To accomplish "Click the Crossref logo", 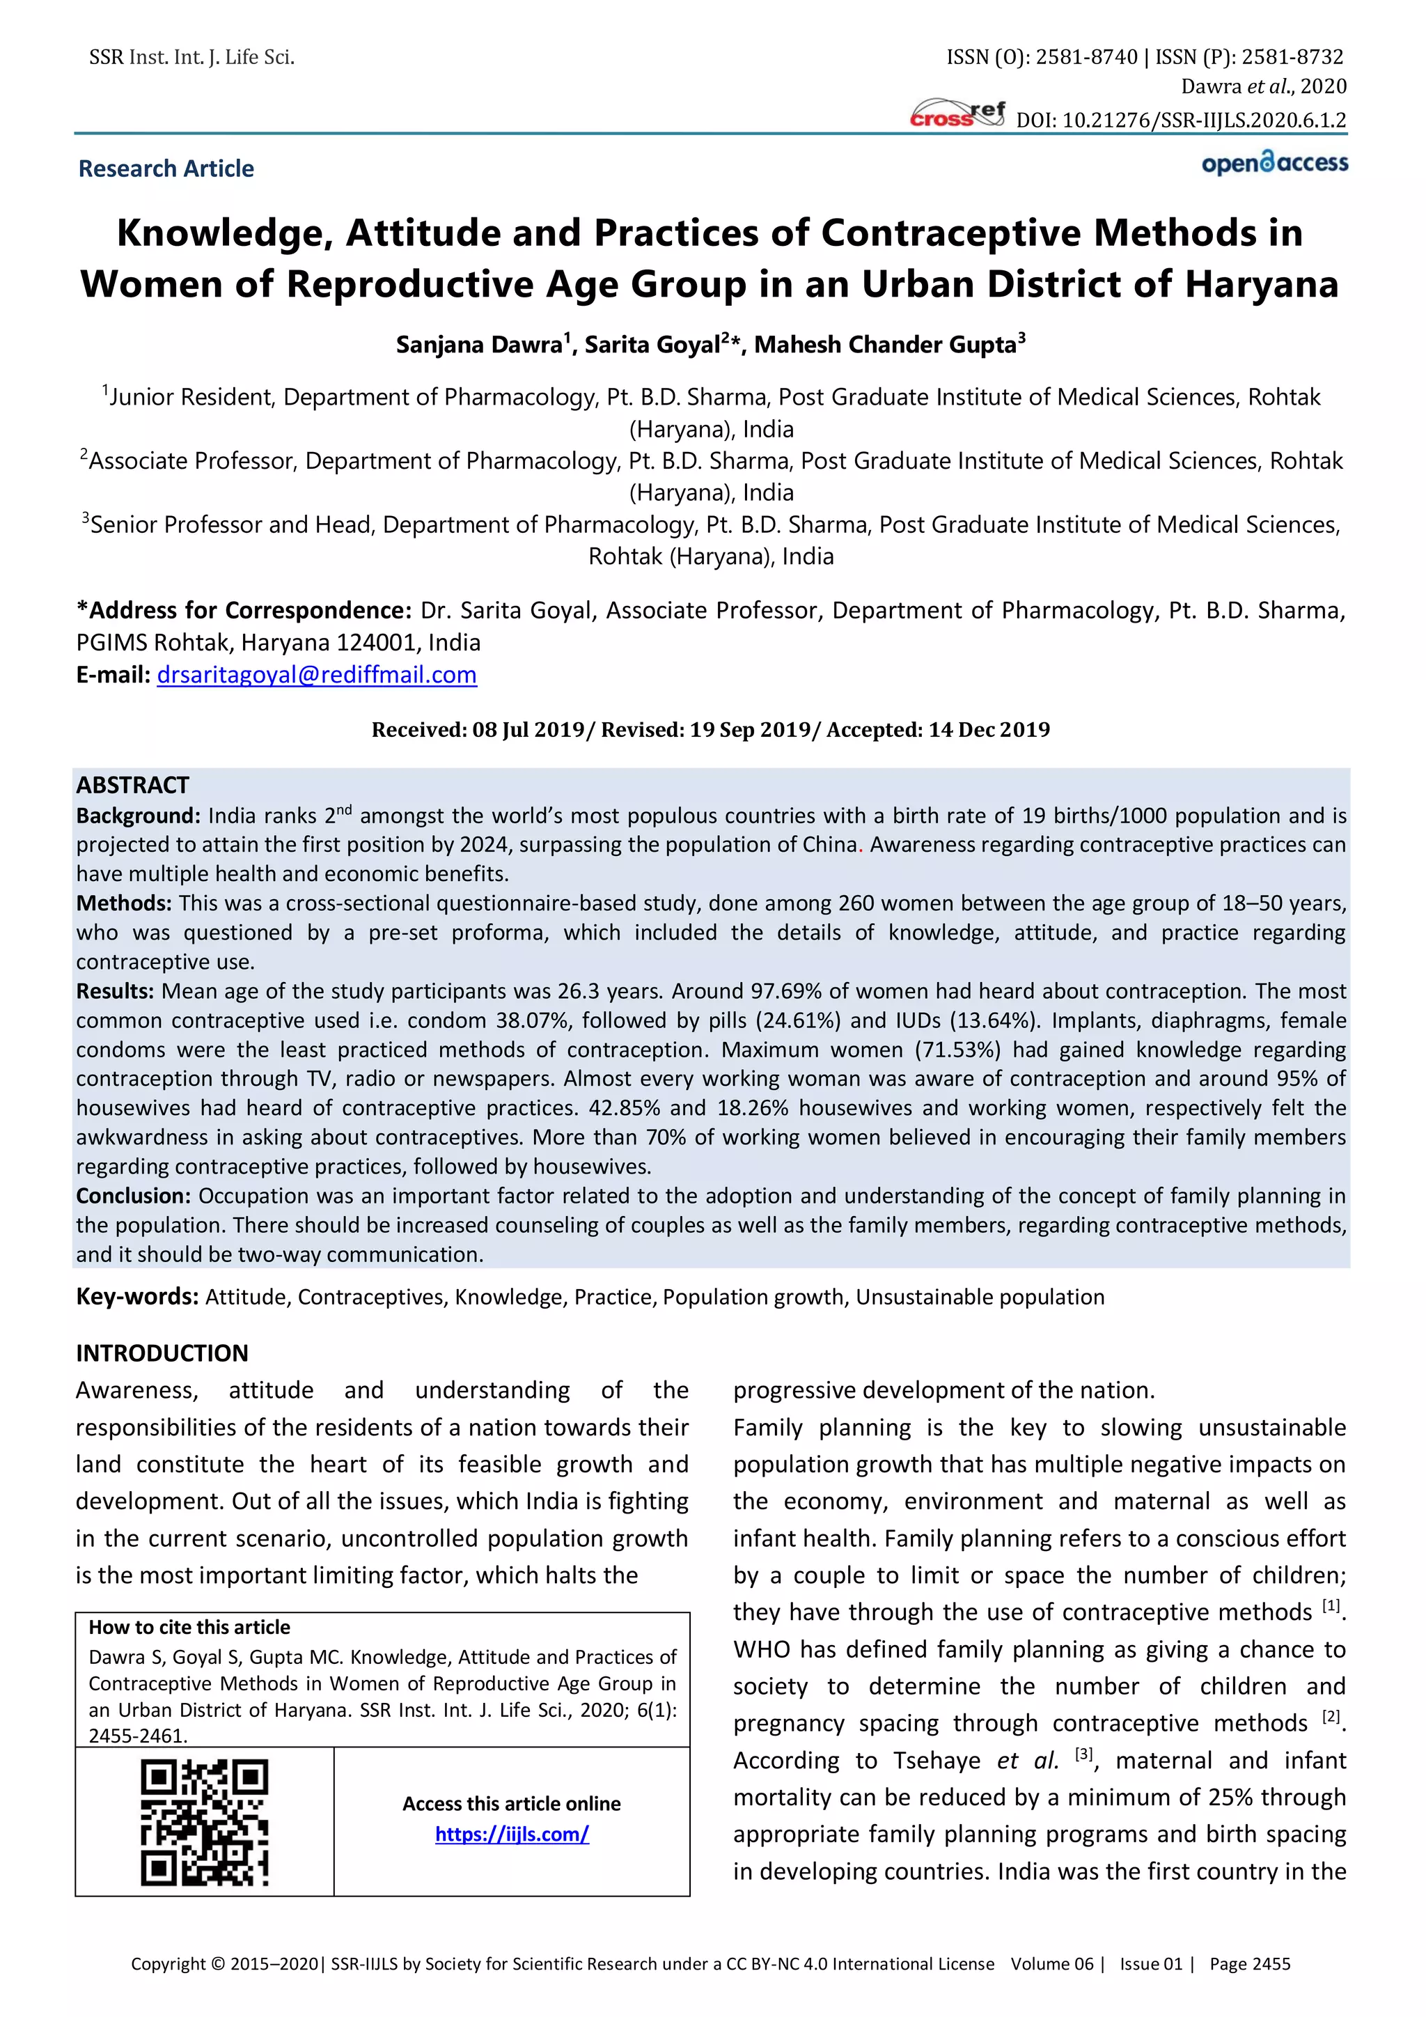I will [x=957, y=114].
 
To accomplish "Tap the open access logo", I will [x=1274, y=164].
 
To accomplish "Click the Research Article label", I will [x=166, y=169].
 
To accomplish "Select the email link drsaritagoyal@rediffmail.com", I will [x=316, y=675].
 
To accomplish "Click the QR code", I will [x=205, y=1822].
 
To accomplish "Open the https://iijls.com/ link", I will [x=512, y=1835].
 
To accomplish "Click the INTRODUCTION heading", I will [x=162, y=1353].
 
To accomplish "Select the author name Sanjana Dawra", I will [x=478, y=344].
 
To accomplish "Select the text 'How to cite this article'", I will [x=189, y=1627].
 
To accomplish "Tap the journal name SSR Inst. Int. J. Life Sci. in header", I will [x=191, y=58].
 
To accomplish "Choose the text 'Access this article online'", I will [x=511, y=1803].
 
